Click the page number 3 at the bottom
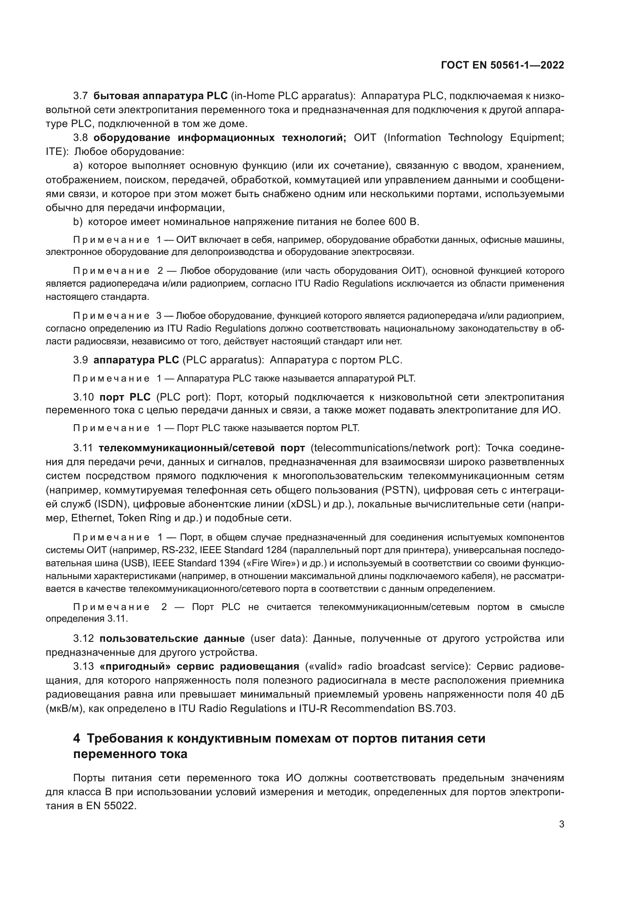point(561,824)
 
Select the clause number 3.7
point(81,96)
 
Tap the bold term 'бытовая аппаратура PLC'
point(161,96)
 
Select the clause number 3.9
point(81,360)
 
